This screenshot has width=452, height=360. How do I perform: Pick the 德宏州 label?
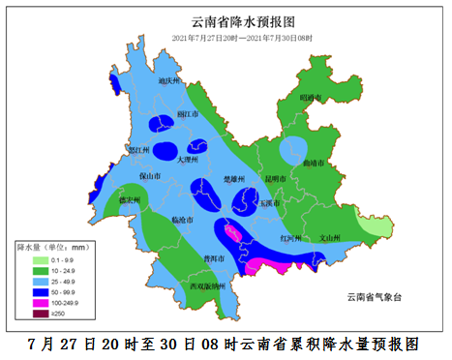pos(130,199)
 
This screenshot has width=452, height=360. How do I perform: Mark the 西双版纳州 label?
pos(207,286)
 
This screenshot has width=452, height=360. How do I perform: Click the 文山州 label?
pos(329,236)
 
